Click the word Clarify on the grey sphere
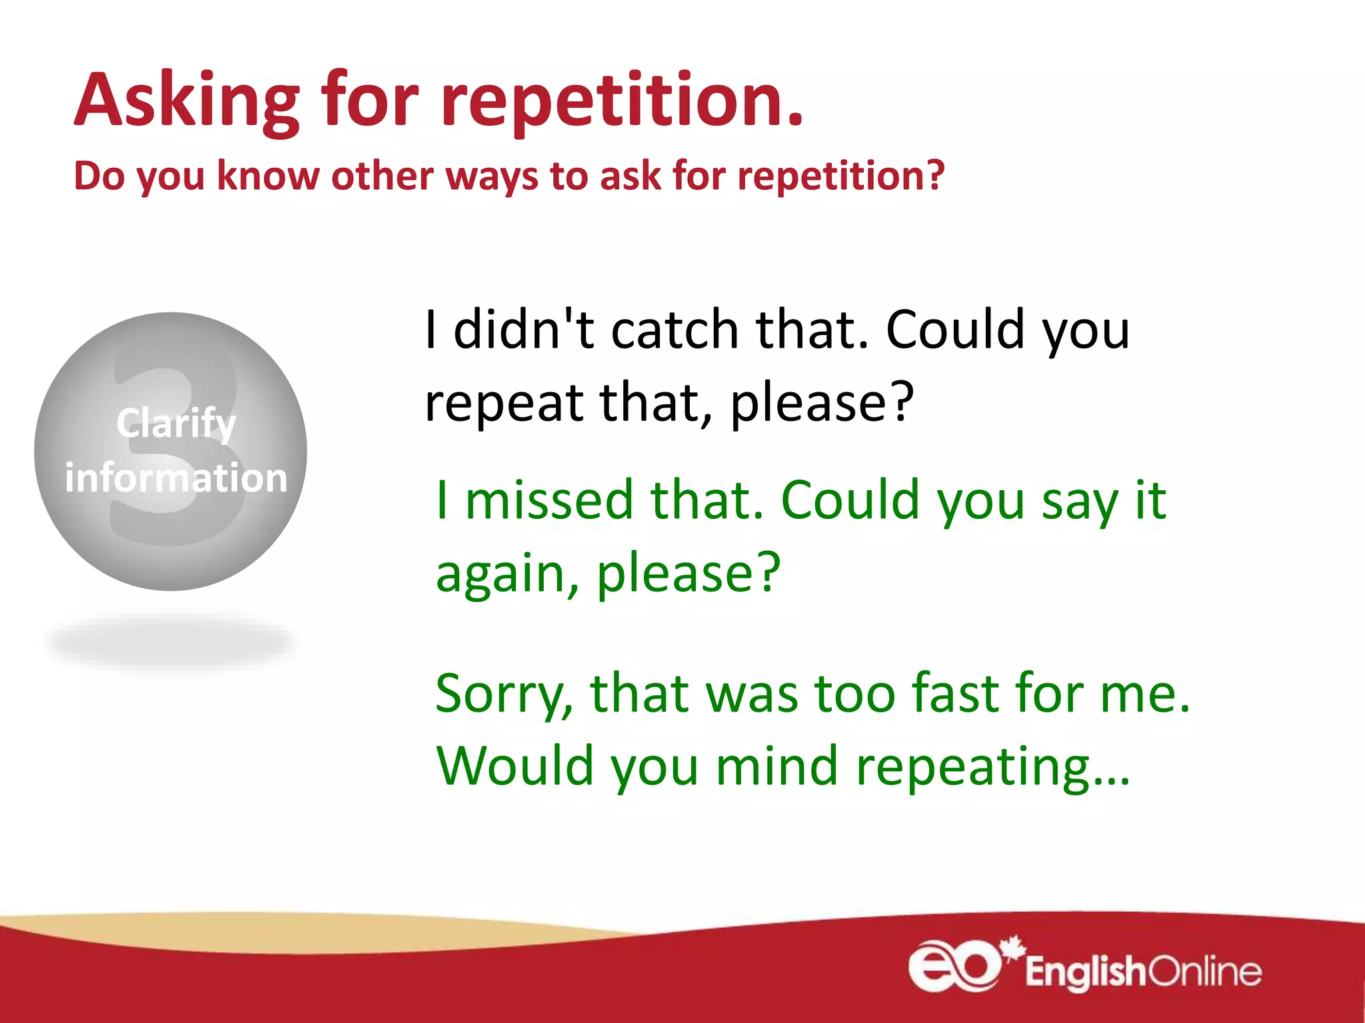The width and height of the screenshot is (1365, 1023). [x=176, y=424]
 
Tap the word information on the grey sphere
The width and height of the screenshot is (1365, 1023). [x=176, y=478]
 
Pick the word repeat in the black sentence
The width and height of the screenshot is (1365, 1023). [x=504, y=404]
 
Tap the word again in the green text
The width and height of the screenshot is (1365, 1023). [x=507, y=574]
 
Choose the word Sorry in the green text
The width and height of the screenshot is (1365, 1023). [x=504, y=694]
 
